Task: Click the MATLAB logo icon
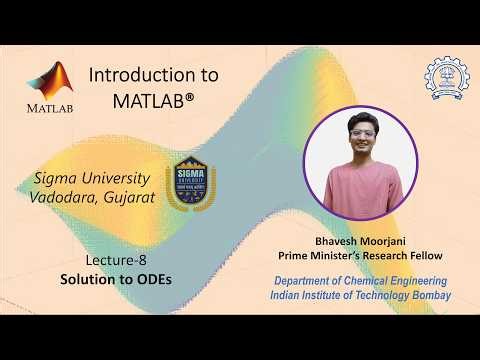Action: [50, 80]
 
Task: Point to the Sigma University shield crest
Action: [190, 181]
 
